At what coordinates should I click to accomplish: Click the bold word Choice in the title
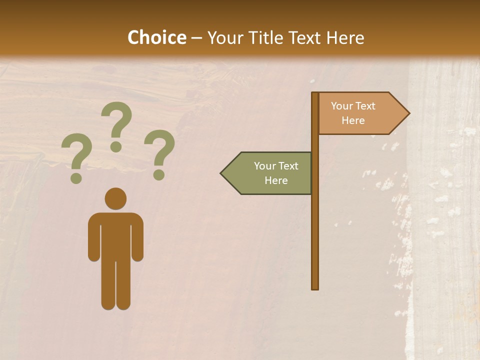pyautogui.click(x=156, y=37)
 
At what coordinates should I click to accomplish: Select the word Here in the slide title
pyautogui.click(x=344, y=38)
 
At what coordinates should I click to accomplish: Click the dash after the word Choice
pyautogui.click(x=196, y=38)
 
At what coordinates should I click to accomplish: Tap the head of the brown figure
pyautogui.click(x=115, y=198)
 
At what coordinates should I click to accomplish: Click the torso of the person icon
pyautogui.click(x=115, y=235)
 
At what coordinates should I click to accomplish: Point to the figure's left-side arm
pyautogui.click(x=93, y=240)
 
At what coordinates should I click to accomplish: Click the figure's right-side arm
pyautogui.click(x=137, y=240)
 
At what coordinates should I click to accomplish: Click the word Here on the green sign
pyautogui.click(x=276, y=180)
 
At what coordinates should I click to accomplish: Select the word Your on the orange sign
pyautogui.click(x=341, y=106)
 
